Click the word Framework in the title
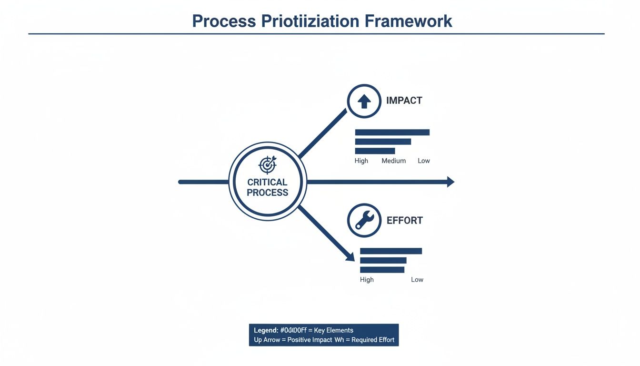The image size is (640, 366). [x=408, y=21]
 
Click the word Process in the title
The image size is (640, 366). [x=224, y=21]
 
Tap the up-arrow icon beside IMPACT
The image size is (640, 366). [x=364, y=101]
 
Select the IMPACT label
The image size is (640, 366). [x=404, y=101]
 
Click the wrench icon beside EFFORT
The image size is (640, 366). [x=364, y=221]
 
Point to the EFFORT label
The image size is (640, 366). [x=404, y=221]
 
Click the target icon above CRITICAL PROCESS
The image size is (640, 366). [x=267, y=164]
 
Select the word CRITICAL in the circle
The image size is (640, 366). [x=267, y=182]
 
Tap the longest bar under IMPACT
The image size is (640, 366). [x=392, y=132]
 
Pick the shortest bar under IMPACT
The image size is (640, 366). [x=375, y=151]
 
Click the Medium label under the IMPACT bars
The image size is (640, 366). [x=394, y=161]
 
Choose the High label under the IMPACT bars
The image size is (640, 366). [x=361, y=161]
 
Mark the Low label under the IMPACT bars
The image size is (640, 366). [x=424, y=161]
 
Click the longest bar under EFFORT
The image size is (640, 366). [x=391, y=251]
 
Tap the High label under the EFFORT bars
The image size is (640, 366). [x=367, y=280]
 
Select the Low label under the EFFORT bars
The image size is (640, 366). [x=417, y=280]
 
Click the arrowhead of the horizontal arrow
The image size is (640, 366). [x=450, y=182]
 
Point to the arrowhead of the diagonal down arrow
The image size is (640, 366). [x=350, y=257]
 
